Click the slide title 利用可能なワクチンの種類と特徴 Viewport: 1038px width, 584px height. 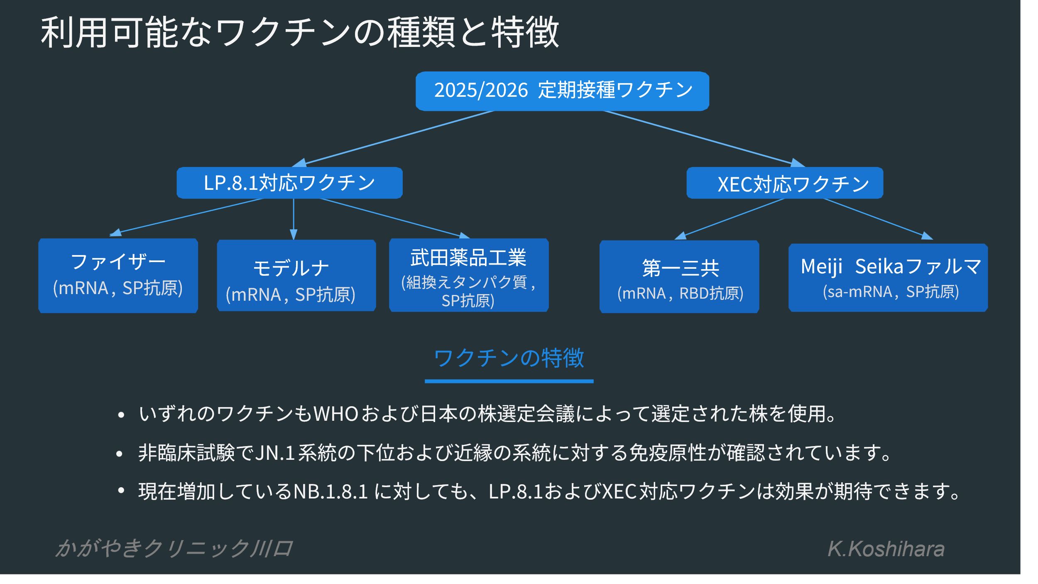pos(299,32)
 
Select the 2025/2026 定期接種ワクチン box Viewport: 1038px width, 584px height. pos(562,91)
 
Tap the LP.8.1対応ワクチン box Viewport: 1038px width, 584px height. pos(289,183)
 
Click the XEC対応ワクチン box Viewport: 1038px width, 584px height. pos(784,183)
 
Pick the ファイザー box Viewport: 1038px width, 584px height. pos(118,275)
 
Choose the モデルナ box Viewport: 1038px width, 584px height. pos(296,275)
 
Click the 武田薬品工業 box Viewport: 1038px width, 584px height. pos(468,275)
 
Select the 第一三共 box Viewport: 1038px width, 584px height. pos(679,276)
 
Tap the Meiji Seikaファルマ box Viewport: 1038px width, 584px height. pos(888,277)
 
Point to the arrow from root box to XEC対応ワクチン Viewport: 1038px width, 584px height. pos(702,137)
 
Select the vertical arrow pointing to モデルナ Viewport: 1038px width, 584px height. pos(294,218)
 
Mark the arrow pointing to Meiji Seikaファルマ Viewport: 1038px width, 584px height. pos(876,218)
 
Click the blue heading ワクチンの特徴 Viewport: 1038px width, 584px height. pos(509,358)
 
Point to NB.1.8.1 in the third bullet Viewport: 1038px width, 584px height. pos(330,491)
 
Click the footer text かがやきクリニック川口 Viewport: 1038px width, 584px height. pos(174,548)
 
